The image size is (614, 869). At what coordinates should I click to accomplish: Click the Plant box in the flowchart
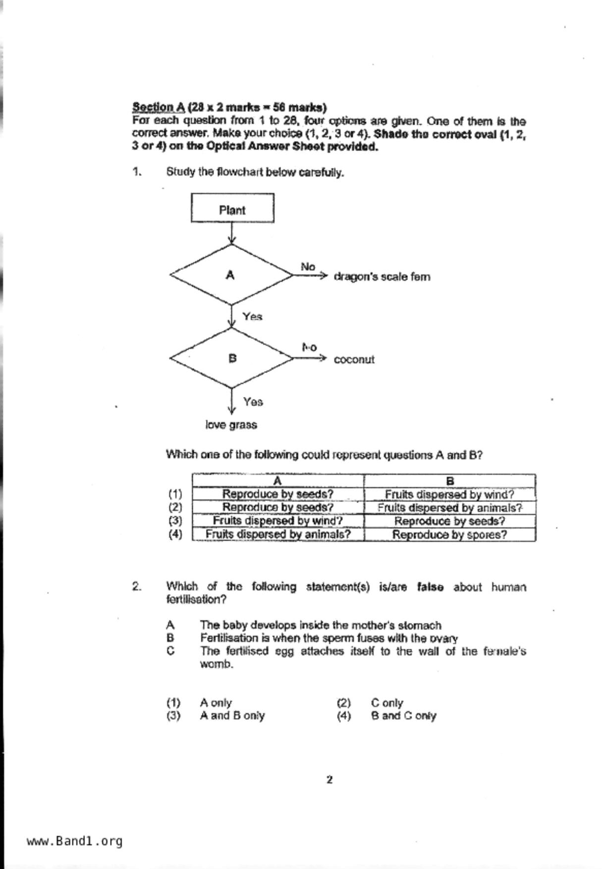pos(232,208)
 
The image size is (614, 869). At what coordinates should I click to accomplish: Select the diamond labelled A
pos(231,275)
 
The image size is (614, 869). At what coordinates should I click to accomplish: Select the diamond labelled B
pos(231,358)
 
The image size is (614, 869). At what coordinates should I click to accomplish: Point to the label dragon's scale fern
pos(382,276)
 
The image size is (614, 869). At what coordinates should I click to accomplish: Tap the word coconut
pos(354,360)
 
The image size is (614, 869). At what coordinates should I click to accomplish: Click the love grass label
pos(231,425)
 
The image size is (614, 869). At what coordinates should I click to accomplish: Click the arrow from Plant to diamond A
pos(231,233)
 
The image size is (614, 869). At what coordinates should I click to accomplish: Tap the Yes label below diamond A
pos(252,317)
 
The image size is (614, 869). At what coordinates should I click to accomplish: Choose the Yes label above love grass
pos(253,402)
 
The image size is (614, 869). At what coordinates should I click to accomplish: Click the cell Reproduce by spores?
pos(449,535)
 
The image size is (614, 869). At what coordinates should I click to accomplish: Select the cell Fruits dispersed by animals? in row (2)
pos(449,508)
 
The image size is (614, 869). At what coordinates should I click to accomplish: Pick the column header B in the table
pos(449,481)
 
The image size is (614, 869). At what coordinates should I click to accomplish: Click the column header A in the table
pos(278,481)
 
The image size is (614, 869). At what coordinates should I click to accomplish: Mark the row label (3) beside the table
pos(175,521)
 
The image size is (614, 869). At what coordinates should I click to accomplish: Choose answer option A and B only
pos(232,715)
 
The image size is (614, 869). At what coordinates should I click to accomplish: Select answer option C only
pos(387,703)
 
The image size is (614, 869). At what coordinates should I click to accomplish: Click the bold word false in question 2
pos(430,587)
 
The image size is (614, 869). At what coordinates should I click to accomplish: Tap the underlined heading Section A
pos(159,107)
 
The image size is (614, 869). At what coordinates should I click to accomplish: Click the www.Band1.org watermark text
pos(74,841)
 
